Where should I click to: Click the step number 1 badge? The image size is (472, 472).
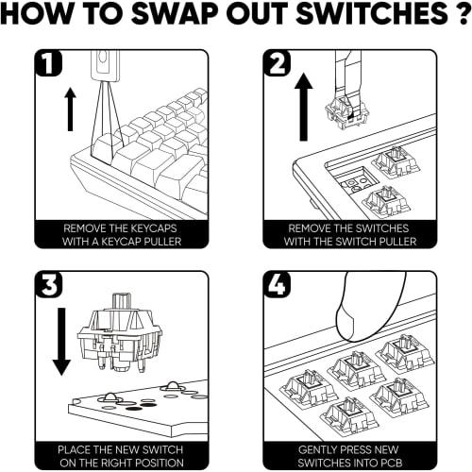[48, 63]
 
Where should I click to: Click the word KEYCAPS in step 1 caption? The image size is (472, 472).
[153, 228]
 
